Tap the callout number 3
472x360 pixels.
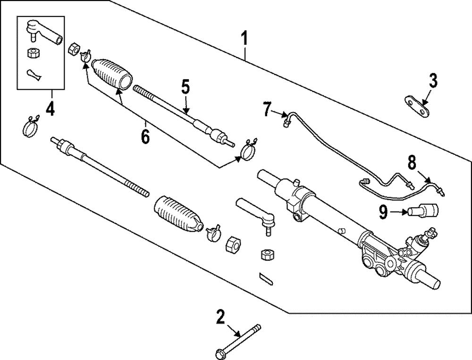click(x=433, y=81)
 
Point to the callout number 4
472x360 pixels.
click(x=50, y=110)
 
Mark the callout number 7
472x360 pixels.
click(x=268, y=110)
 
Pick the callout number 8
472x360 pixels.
click(x=412, y=163)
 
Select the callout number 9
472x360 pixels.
click(x=384, y=213)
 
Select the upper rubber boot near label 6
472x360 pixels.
click(x=112, y=74)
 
